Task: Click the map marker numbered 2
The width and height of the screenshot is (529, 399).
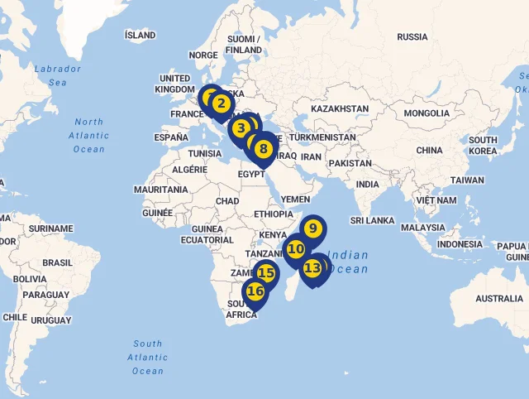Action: click(x=221, y=104)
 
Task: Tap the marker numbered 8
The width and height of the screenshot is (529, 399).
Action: click(x=263, y=150)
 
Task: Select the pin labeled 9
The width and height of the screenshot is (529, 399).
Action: click(x=313, y=228)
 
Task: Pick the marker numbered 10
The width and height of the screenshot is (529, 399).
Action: click(x=296, y=248)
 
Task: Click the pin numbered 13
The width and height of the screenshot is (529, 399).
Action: click(x=312, y=268)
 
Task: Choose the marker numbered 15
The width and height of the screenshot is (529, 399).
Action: click(x=265, y=273)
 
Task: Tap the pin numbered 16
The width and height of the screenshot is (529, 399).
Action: click(x=255, y=291)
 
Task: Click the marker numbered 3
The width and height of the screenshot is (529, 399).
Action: click(x=241, y=128)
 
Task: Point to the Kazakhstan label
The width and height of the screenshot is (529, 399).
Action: click(x=340, y=108)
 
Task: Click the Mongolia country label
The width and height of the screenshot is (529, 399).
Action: click(x=427, y=113)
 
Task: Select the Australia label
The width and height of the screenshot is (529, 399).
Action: click(x=499, y=298)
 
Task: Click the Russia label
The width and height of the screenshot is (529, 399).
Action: click(x=412, y=36)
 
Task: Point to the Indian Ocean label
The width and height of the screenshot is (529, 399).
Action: click(x=348, y=262)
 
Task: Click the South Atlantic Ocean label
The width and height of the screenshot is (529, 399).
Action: click(x=148, y=357)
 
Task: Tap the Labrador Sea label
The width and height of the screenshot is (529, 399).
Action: click(x=58, y=75)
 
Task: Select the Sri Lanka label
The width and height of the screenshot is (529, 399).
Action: click(x=373, y=220)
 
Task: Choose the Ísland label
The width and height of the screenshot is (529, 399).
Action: click(x=140, y=36)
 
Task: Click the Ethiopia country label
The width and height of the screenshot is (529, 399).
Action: click(x=274, y=214)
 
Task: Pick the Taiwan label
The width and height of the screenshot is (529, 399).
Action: click(x=467, y=180)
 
